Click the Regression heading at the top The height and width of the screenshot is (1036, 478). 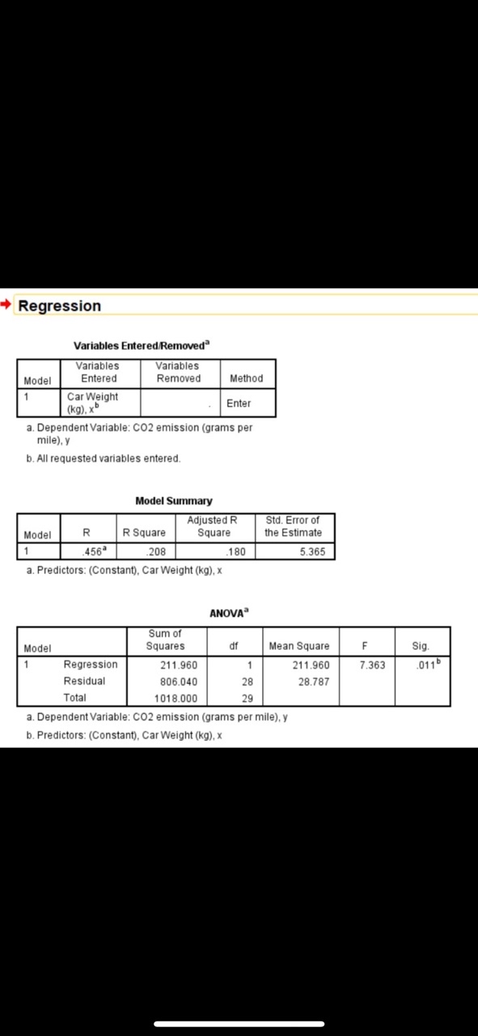59,306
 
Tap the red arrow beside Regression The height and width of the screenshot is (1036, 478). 7,305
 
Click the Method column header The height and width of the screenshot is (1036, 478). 246,378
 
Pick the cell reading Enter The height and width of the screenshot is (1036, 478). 239,403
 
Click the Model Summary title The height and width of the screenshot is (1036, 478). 174,501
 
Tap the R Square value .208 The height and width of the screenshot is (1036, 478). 155,552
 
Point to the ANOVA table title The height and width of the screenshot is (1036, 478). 228,614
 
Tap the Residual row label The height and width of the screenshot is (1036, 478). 84,681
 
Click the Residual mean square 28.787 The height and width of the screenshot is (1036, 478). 312,681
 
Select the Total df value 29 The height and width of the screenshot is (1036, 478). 247,698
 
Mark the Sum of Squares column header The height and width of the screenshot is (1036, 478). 165,639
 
